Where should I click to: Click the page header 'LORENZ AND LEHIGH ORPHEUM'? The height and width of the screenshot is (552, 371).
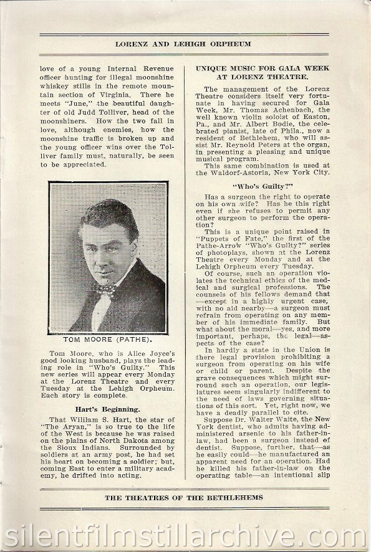coord(186,44)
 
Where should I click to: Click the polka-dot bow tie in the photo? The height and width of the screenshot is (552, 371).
coord(105,289)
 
